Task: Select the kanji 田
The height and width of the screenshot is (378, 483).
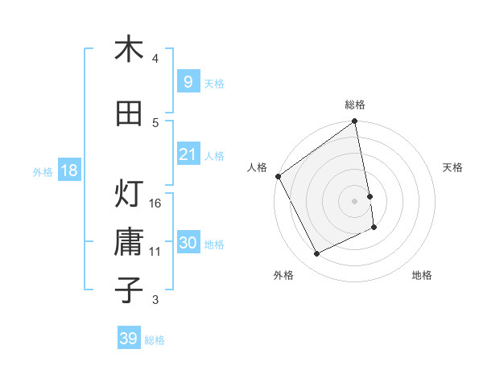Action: tap(129, 114)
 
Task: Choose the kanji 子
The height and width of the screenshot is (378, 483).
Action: tap(129, 290)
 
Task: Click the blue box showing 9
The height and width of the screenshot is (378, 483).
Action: tap(188, 81)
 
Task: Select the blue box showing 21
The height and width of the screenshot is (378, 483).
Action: tap(188, 154)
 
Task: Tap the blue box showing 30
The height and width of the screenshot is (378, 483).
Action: tap(188, 244)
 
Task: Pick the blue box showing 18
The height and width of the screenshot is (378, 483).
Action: tap(68, 171)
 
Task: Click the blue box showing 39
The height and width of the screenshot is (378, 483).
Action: tap(129, 339)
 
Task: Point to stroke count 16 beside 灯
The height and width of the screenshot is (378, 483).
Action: tap(155, 203)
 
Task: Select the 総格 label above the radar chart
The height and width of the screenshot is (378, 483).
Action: tap(355, 105)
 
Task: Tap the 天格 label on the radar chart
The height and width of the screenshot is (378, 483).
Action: tap(452, 167)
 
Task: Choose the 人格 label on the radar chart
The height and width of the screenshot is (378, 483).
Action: tap(258, 167)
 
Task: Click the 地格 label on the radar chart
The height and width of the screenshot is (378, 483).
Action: tap(422, 275)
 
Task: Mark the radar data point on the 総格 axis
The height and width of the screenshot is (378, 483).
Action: tap(355, 122)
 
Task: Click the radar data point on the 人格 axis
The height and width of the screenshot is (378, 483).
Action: tap(279, 176)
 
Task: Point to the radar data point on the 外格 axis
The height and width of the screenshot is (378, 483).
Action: tap(316, 254)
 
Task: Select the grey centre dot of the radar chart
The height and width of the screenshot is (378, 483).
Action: tap(355, 201)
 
